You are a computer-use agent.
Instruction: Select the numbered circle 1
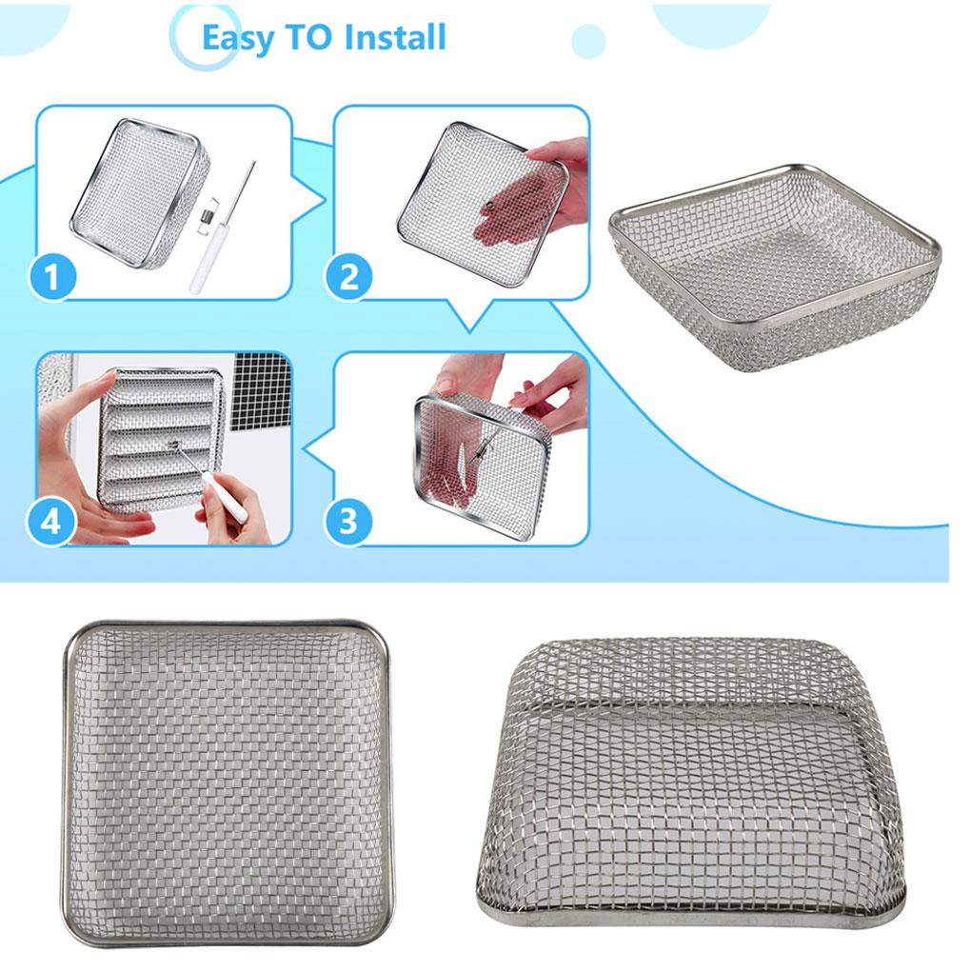click(52, 278)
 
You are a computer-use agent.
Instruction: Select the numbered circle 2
click(349, 278)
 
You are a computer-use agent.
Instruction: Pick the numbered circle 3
click(348, 521)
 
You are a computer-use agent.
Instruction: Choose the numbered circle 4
click(52, 521)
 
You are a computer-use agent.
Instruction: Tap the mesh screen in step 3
click(481, 457)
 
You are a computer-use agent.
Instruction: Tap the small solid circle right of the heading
click(588, 42)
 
